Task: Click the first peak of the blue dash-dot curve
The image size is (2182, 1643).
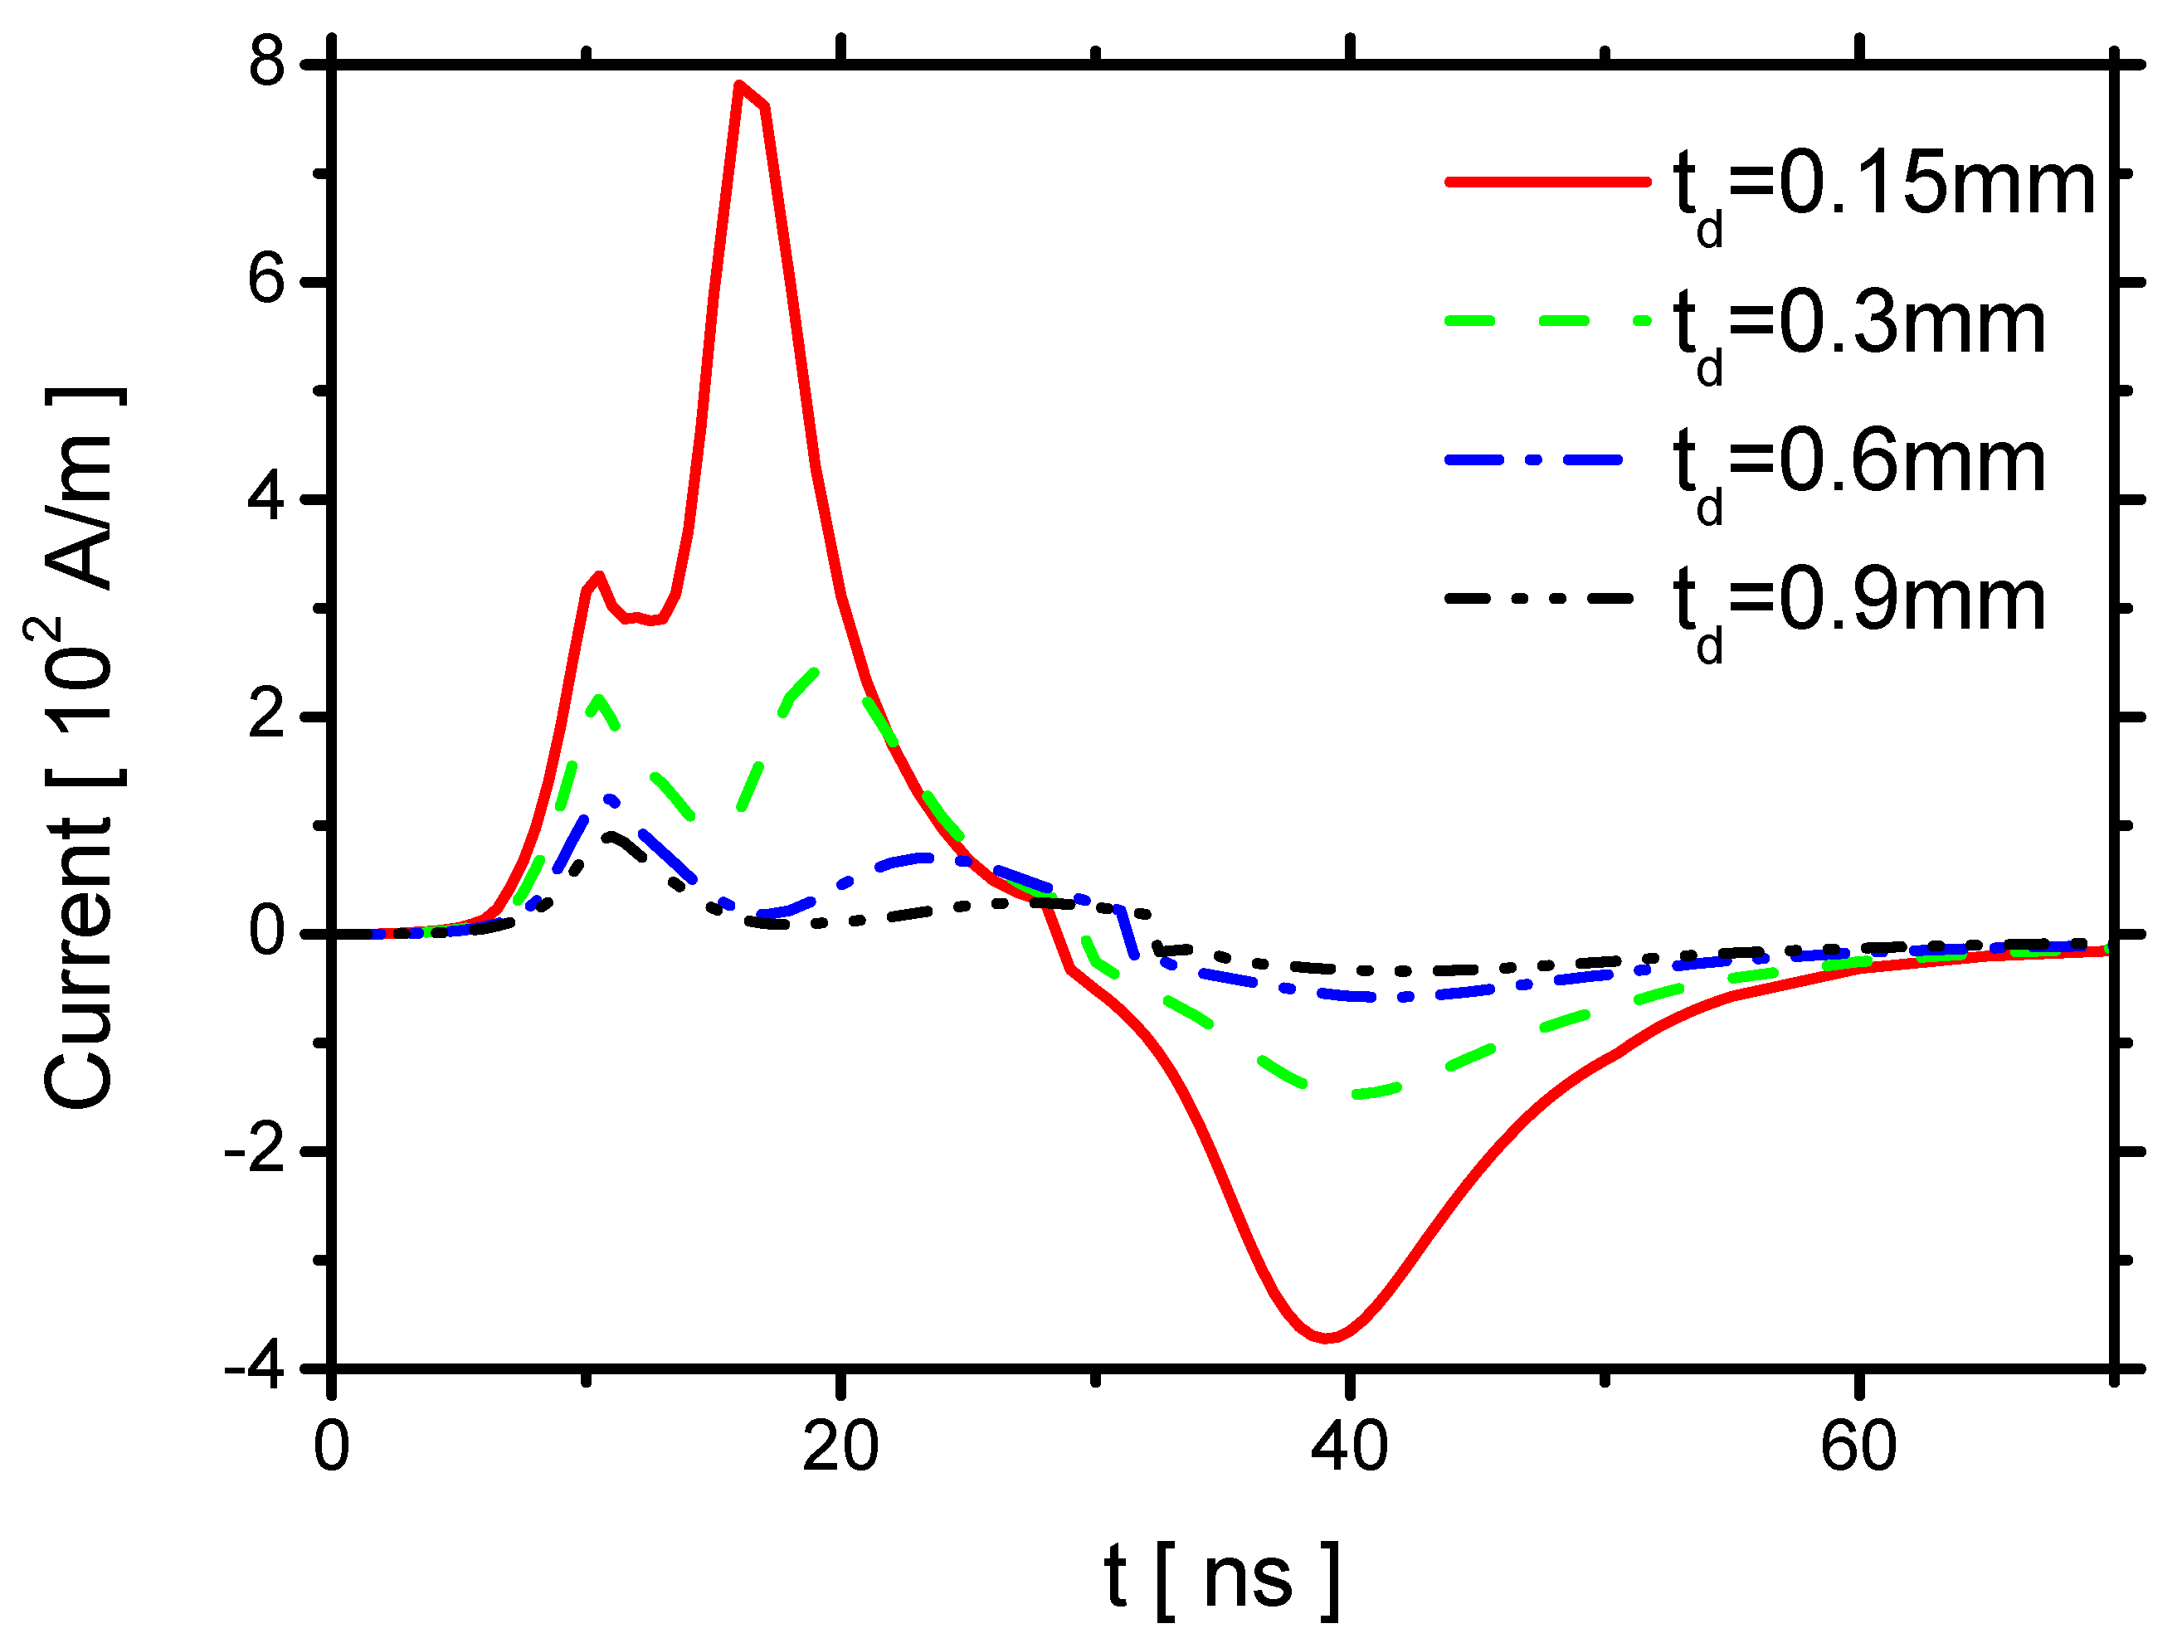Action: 610,797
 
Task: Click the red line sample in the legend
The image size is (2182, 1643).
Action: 1546,182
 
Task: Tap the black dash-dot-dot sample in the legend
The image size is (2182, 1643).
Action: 1539,598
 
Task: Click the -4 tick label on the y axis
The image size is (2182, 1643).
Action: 255,1368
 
